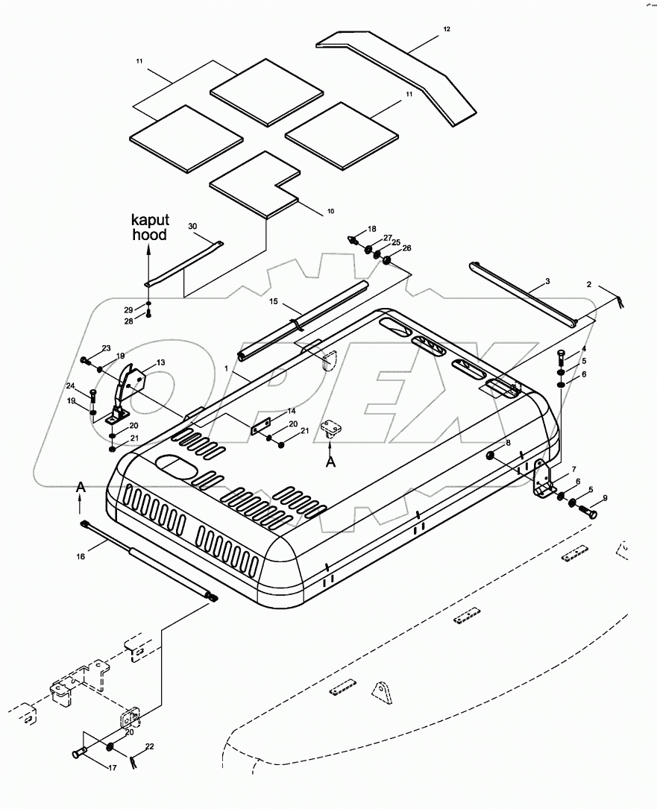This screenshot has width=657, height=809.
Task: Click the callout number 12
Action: (x=447, y=29)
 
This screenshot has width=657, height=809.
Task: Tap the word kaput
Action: (x=151, y=220)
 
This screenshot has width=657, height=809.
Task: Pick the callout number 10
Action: (x=330, y=212)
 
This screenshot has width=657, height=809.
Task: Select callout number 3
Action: (x=547, y=281)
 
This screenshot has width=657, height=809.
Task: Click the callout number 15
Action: (x=274, y=303)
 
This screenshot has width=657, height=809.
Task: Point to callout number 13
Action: (x=160, y=362)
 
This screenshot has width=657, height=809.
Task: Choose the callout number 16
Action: (x=81, y=555)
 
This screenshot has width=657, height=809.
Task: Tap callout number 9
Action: (x=605, y=498)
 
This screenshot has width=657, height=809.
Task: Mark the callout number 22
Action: (x=150, y=746)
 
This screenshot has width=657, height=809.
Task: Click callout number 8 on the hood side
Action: (x=508, y=443)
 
